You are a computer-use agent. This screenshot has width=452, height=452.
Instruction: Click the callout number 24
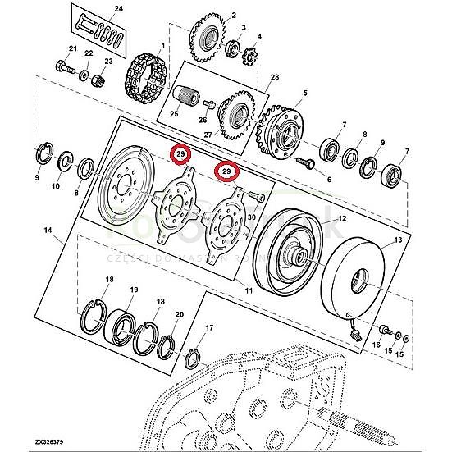click(x=117, y=9)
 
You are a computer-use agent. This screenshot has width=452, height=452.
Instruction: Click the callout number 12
click(x=342, y=218)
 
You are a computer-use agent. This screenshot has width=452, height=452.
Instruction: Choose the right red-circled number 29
click(x=226, y=171)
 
